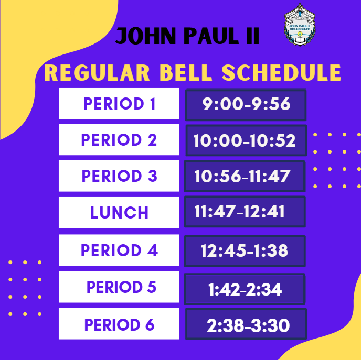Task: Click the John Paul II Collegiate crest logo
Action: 300,25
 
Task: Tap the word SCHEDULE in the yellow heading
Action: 281,73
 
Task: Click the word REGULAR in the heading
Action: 97,73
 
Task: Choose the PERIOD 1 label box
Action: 119,103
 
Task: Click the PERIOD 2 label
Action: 119,139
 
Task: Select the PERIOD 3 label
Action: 119,176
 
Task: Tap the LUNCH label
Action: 119,212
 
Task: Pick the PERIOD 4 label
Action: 119,250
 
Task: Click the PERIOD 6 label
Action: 119,324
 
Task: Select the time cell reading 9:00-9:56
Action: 246,105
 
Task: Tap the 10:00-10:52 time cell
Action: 246,140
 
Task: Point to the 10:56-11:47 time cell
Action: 245,176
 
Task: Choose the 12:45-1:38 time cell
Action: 245,251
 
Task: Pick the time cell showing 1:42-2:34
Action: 245,289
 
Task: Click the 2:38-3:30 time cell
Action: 246,324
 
